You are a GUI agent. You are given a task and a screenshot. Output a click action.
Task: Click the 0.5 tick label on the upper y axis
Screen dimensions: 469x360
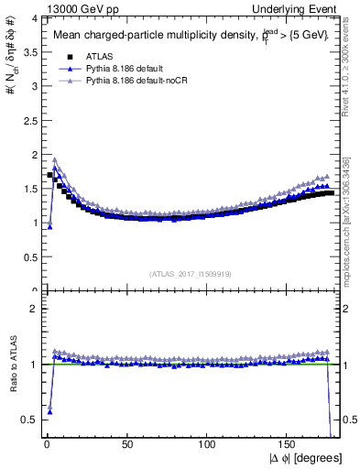coord(29,257)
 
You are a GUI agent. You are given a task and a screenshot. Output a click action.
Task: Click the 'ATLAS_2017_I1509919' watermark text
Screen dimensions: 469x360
coord(191,273)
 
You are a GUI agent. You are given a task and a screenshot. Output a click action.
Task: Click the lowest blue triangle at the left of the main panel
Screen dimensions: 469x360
coord(49,226)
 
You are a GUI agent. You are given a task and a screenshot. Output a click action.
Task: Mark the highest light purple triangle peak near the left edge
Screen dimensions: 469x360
coord(55,159)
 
